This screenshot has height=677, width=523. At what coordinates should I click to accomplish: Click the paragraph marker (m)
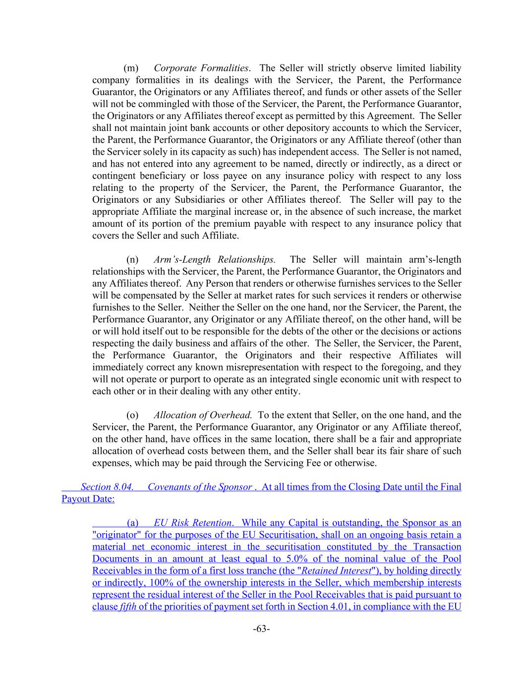point(130,68)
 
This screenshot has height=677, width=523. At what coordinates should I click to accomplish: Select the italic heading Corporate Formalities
point(201,68)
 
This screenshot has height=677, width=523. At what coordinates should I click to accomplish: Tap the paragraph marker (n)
point(132,259)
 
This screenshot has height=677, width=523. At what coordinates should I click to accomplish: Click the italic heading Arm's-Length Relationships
point(214,259)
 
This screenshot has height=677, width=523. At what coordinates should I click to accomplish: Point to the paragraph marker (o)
point(132,415)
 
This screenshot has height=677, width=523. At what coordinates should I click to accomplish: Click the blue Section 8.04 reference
point(107,487)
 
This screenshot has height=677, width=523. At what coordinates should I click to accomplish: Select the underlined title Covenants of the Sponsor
point(199,487)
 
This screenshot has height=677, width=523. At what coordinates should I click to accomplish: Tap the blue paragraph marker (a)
point(132,523)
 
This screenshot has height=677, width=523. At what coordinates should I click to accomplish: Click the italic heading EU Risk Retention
point(192,523)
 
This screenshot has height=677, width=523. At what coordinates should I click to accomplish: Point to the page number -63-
point(261,629)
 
